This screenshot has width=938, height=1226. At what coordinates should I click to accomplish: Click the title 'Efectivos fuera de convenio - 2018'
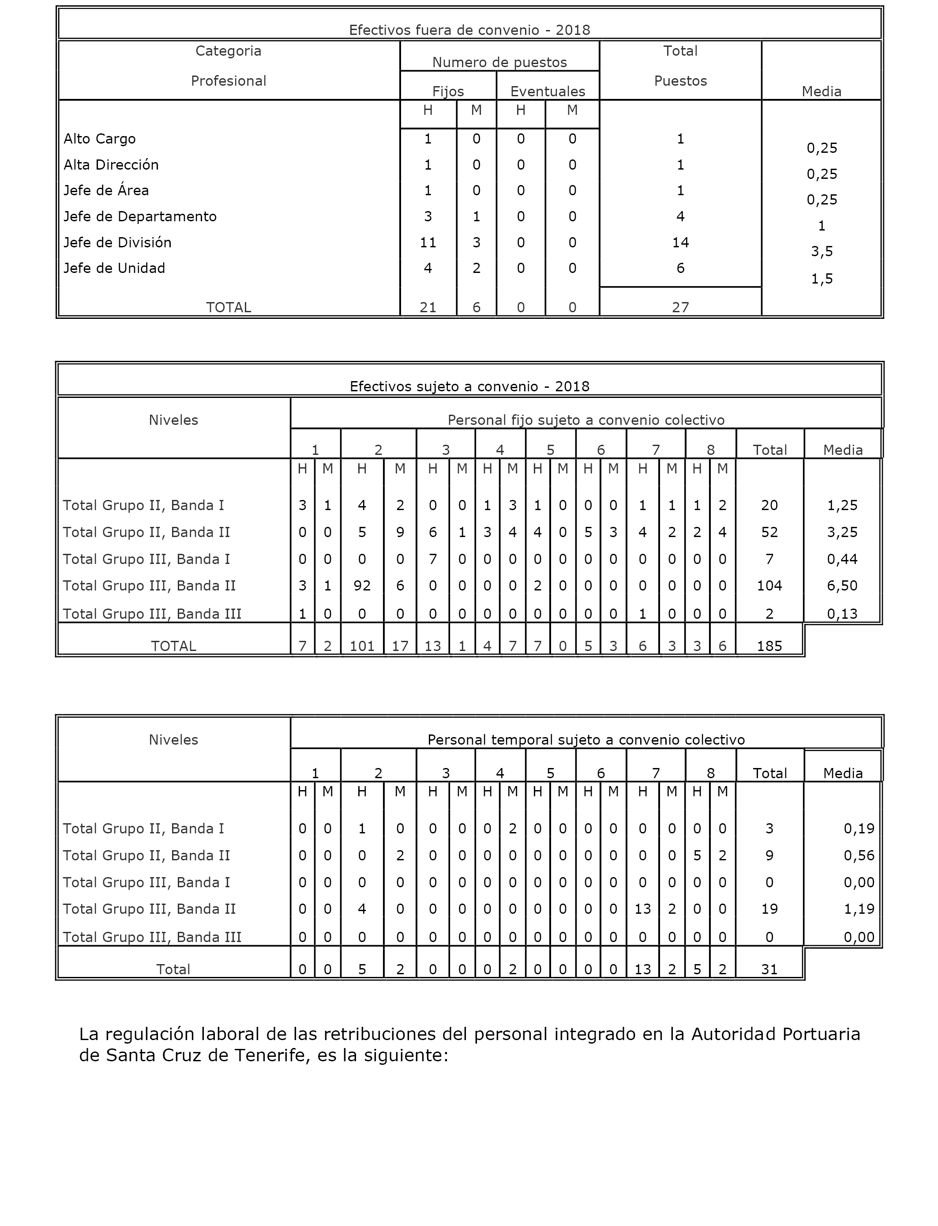(x=469, y=30)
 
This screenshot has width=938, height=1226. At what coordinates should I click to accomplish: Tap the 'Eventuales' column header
(x=547, y=91)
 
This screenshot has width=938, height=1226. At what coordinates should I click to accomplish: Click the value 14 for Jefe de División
(x=680, y=242)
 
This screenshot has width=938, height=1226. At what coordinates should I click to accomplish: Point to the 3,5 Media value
(x=822, y=251)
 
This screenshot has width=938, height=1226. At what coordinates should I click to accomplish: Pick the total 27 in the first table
(x=680, y=307)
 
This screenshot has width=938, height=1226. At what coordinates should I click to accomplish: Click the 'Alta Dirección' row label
(x=111, y=165)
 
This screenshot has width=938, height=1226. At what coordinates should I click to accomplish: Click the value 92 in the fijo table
(x=362, y=586)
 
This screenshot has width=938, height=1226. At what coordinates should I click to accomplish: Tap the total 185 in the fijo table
(x=769, y=646)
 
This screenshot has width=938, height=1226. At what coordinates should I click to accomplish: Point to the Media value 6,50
(x=842, y=586)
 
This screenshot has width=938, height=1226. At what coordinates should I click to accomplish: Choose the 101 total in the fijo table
(x=362, y=646)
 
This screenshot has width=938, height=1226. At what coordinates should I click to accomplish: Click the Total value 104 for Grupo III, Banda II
(x=769, y=586)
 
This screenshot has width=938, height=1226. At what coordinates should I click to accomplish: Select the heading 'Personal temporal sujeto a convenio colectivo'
(x=585, y=740)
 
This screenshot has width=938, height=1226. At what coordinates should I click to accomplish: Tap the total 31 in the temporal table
(x=769, y=969)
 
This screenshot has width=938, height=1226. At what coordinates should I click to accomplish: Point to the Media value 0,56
(x=859, y=855)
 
